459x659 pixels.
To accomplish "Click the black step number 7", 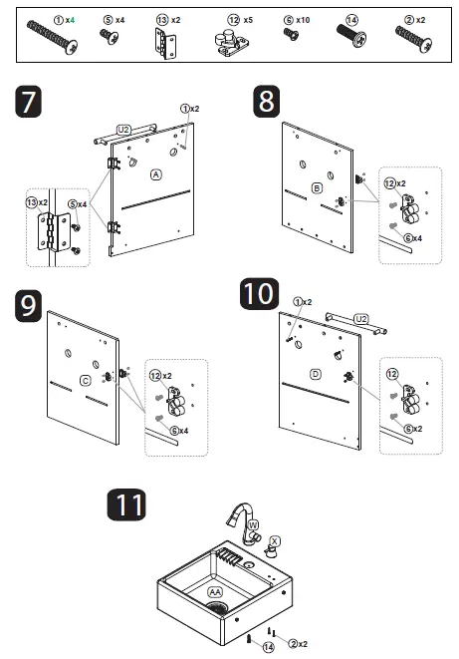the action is point(29,102).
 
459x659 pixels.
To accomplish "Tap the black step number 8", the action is point(267,102).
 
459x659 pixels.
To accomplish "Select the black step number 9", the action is point(29,306).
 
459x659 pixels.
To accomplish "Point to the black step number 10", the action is point(259,294).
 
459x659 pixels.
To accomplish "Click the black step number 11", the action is point(126,504).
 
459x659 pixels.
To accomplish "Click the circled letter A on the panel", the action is point(156,174).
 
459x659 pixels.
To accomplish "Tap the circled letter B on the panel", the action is point(317,187).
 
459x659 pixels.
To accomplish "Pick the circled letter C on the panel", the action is point(86,381).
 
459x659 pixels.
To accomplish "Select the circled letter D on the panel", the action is point(315,374).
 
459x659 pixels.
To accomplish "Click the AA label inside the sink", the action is point(215,592).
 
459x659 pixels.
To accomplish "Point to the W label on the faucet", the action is point(253,525).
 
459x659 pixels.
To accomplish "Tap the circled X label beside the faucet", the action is point(275,541).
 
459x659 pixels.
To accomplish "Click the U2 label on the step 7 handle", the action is point(122,130).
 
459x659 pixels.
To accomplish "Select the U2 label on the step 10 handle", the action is point(361,319).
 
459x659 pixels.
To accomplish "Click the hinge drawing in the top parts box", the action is point(165,43).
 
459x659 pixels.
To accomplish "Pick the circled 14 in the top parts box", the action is point(352,20).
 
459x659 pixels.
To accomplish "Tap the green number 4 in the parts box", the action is point(72,20).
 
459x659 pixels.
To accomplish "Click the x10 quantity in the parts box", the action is point(303,20).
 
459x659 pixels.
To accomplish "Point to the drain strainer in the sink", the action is point(217,607).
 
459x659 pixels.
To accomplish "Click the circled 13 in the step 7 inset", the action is point(32,202).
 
